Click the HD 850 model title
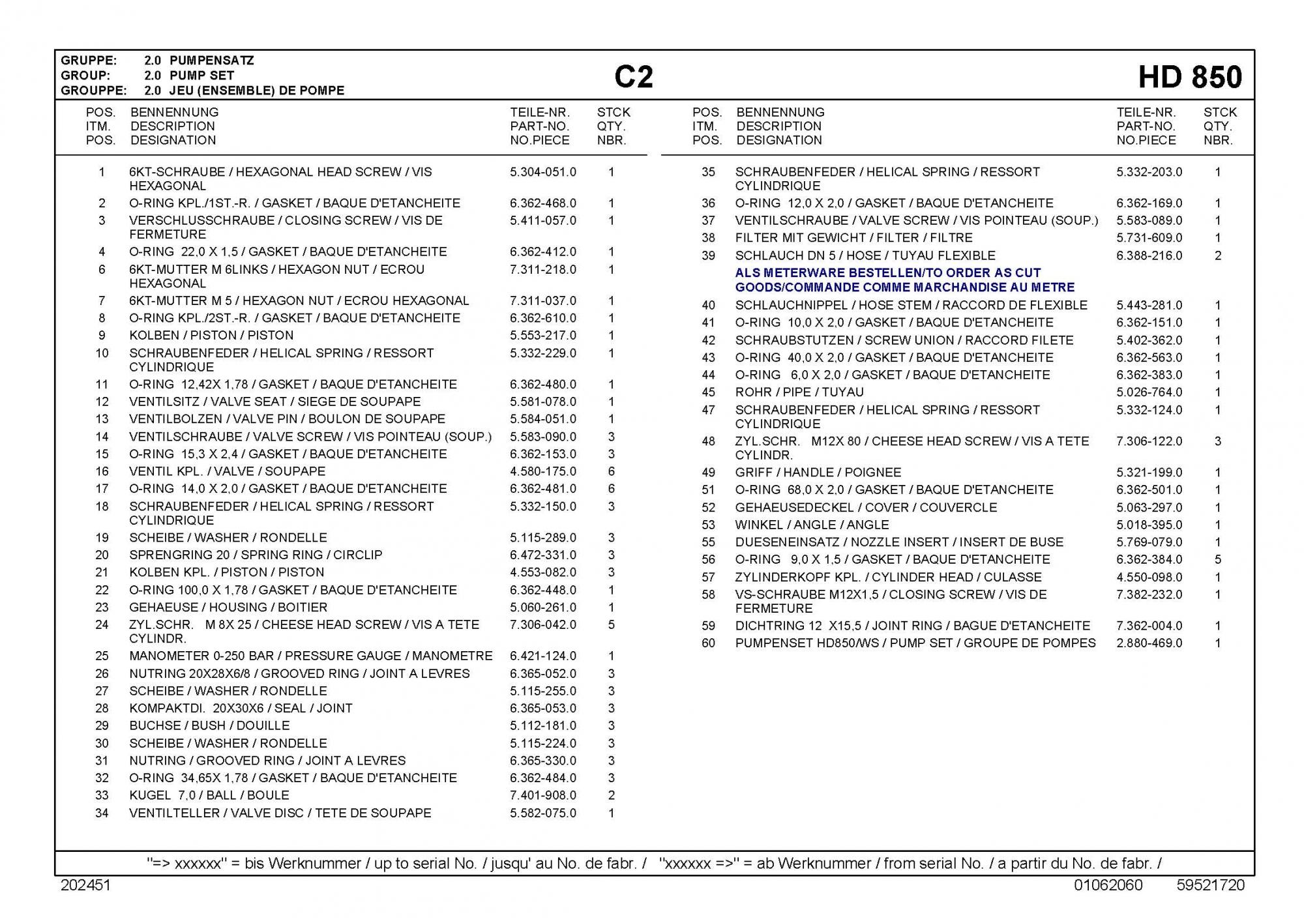click(1190, 78)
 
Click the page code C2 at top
click(633, 78)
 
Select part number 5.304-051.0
click(542, 172)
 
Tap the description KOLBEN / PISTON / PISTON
click(211, 336)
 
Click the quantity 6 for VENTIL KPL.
click(611, 471)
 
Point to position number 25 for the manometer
click(102, 656)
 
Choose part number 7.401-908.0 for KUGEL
click(542, 795)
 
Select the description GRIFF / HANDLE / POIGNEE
click(818, 473)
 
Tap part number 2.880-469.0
click(1149, 643)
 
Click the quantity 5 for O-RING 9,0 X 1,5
click(1217, 560)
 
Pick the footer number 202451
click(85, 885)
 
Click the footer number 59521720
click(1211, 885)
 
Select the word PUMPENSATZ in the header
click(212, 61)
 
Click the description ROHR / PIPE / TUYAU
click(799, 392)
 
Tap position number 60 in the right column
click(708, 643)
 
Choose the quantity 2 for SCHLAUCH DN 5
click(1217, 256)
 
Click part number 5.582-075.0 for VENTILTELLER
click(542, 813)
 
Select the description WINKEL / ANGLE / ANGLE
click(811, 525)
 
